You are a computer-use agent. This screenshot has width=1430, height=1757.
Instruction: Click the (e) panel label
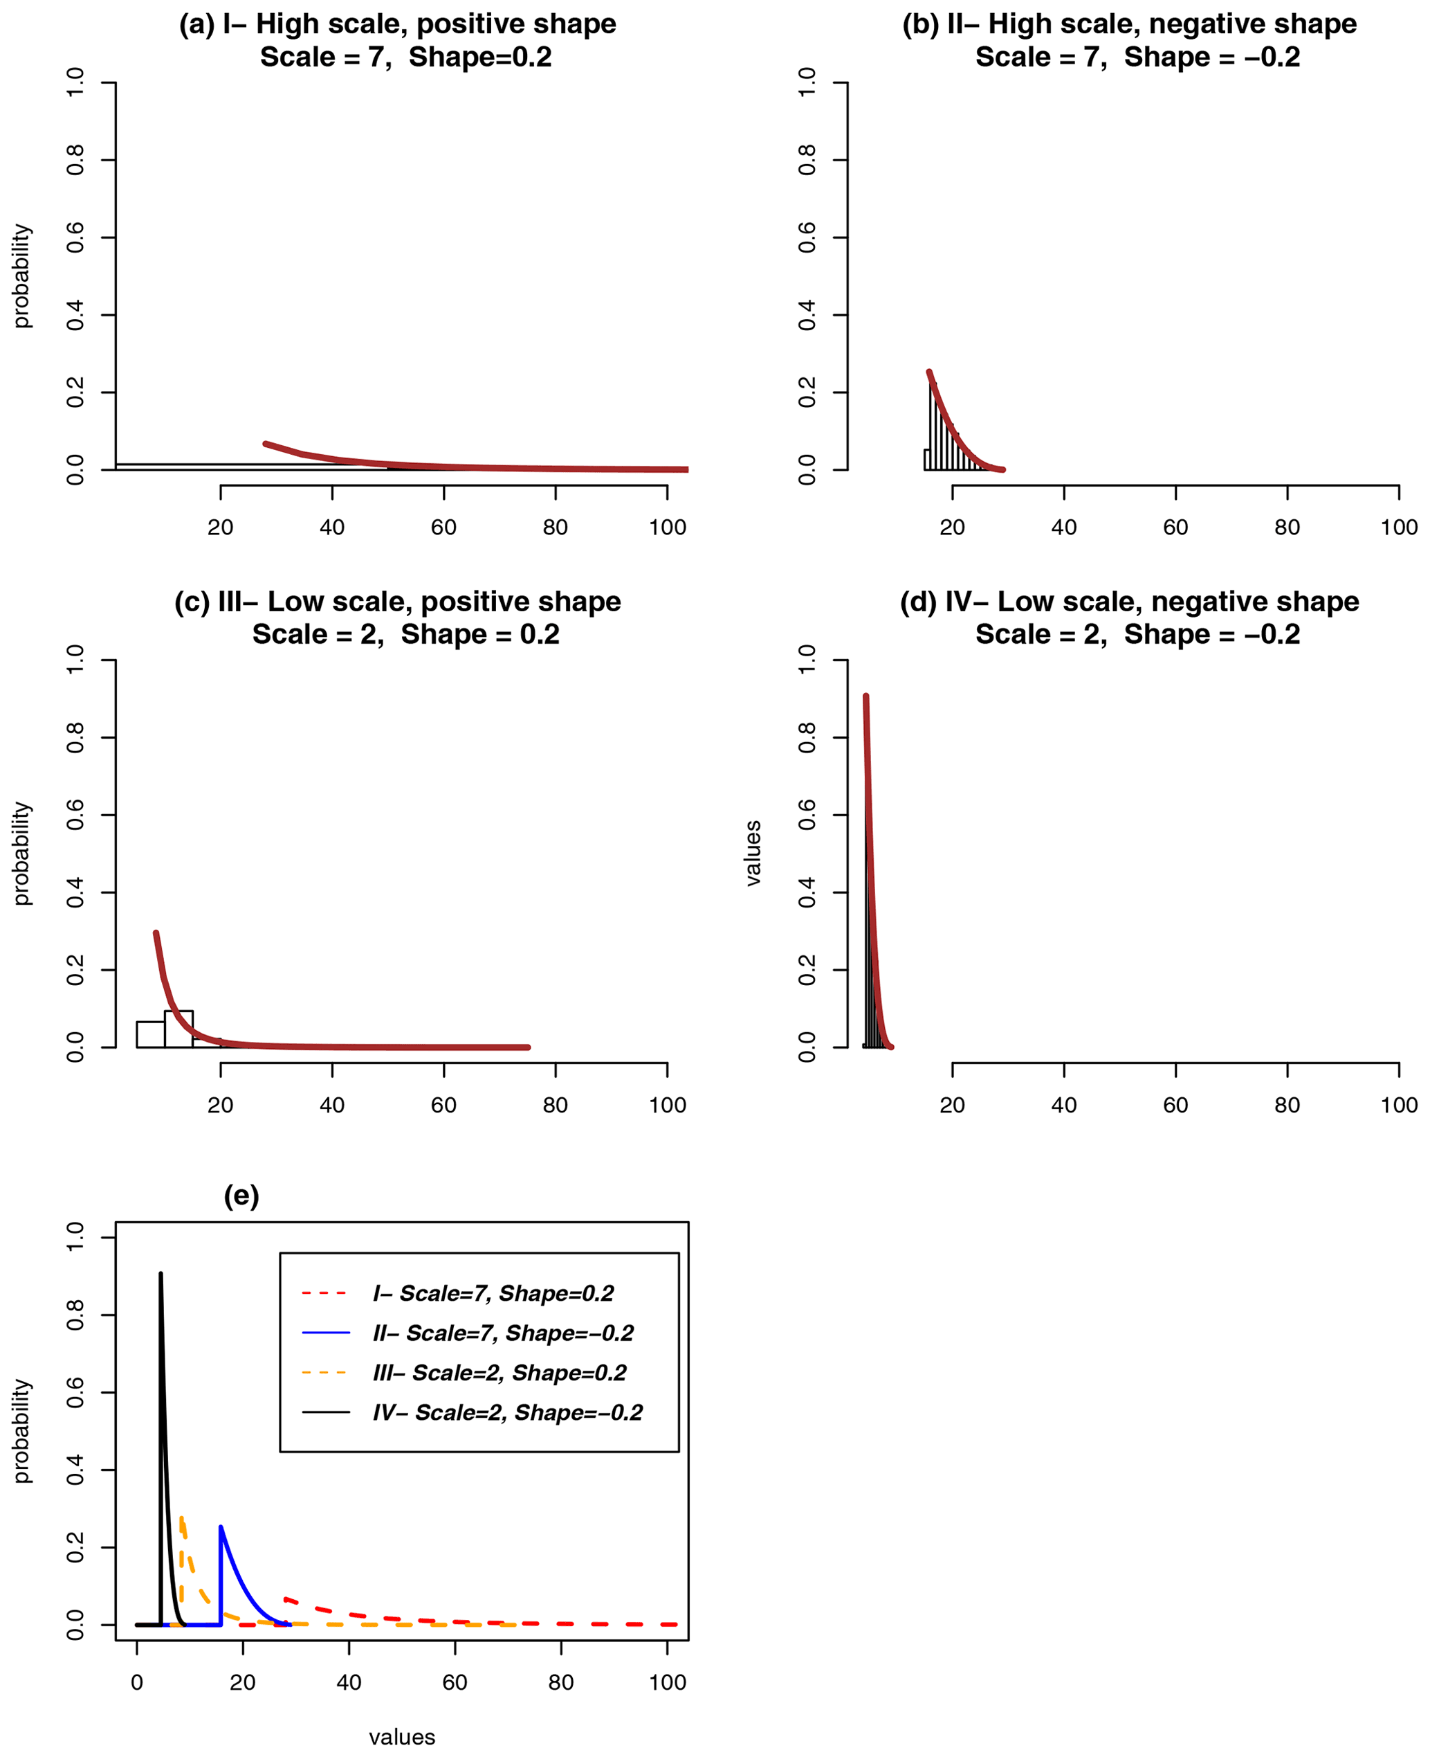click(241, 1195)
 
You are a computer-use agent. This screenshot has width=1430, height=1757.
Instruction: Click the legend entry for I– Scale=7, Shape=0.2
click(493, 1293)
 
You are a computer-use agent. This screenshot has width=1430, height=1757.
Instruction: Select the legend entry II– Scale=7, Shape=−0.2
click(502, 1333)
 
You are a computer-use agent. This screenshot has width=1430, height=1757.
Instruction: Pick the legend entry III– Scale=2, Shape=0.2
click(499, 1372)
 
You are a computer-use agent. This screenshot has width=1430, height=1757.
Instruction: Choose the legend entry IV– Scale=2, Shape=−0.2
click(507, 1412)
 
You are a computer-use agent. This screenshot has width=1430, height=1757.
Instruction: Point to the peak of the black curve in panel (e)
click(161, 1274)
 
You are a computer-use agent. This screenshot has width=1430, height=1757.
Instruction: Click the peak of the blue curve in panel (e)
click(220, 1526)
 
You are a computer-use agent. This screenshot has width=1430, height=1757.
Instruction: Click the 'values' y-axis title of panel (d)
click(752, 853)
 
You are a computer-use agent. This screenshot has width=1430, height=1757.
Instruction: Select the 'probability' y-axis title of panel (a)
click(21, 276)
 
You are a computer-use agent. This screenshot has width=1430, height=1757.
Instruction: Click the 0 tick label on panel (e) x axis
click(137, 1682)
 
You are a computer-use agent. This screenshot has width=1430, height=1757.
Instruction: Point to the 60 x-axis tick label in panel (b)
click(1175, 528)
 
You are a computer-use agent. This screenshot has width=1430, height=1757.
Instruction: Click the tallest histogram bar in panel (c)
click(178, 1029)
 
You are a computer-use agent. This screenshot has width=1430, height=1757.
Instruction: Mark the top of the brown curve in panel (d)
click(865, 696)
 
